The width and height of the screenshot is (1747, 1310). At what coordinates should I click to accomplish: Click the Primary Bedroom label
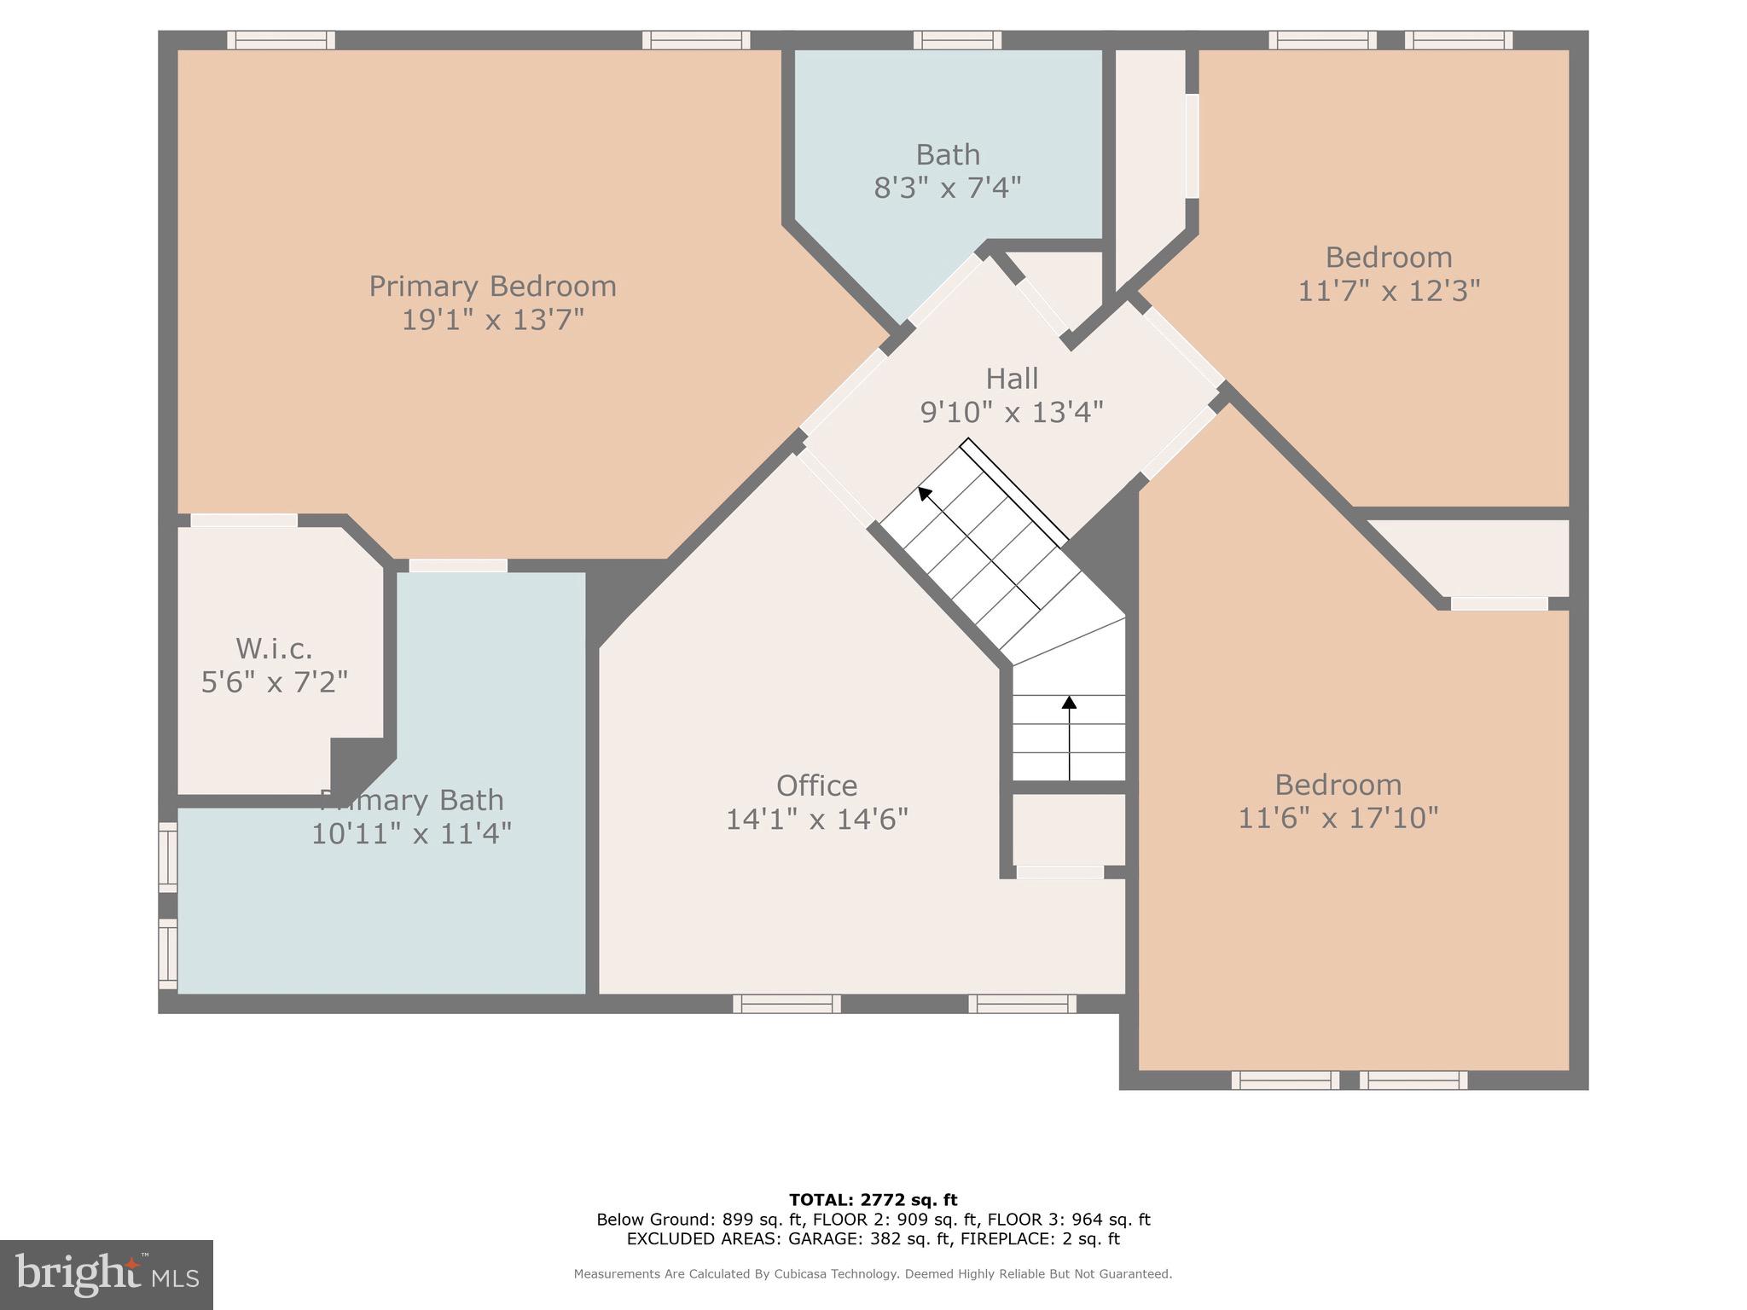[492, 287]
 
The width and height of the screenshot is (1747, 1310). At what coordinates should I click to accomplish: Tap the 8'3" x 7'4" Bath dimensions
[947, 188]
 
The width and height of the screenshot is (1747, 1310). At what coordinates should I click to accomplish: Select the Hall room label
[1012, 379]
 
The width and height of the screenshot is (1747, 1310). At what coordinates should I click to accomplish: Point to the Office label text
[816, 785]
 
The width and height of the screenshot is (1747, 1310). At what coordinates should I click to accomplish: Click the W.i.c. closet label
[274, 649]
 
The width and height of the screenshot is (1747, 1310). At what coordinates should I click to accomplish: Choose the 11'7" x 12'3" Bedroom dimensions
[1388, 292]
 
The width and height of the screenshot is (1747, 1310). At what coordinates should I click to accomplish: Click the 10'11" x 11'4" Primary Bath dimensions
[410, 834]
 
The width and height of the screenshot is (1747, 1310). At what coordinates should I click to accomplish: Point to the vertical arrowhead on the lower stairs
[1069, 702]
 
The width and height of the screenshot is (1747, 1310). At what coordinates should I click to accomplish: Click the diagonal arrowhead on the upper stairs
[924, 493]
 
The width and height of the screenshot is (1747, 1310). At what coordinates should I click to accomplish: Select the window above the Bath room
[957, 40]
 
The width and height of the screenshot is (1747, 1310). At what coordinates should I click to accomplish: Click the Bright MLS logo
[107, 1275]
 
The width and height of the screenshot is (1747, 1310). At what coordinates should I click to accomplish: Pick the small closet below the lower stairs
[1069, 829]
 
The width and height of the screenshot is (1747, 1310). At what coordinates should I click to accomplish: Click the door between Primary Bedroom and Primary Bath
[458, 565]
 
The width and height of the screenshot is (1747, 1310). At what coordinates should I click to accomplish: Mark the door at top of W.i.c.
[243, 520]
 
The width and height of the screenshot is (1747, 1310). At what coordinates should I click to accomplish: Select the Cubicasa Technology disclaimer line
[873, 1274]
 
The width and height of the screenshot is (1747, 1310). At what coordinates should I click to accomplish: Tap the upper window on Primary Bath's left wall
[168, 856]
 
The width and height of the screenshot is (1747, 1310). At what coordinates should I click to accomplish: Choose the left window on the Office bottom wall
[786, 1004]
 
